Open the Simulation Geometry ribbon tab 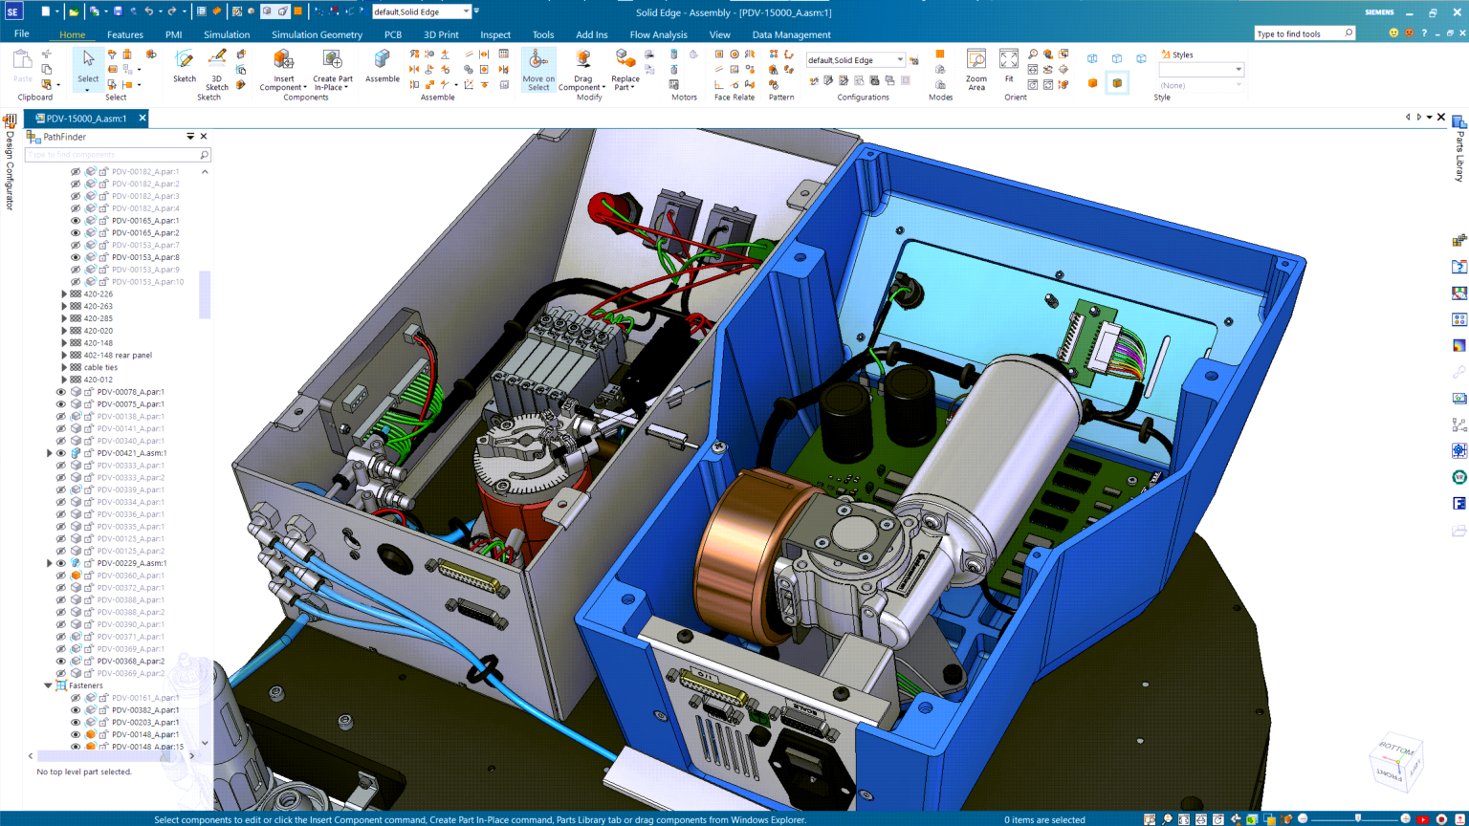tap(317, 34)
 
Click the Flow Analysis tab tap(658, 34)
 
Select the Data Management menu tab tap(791, 34)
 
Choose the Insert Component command tap(283, 69)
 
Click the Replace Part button tap(625, 69)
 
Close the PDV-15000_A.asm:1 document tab tap(143, 119)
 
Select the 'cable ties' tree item tap(100, 367)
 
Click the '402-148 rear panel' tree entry tap(118, 355)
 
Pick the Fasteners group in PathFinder tap(85, 685)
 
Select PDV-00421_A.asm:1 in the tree tap(131, 453)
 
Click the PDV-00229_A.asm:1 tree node tap(131, 563)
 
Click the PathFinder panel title tap(64, 137)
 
